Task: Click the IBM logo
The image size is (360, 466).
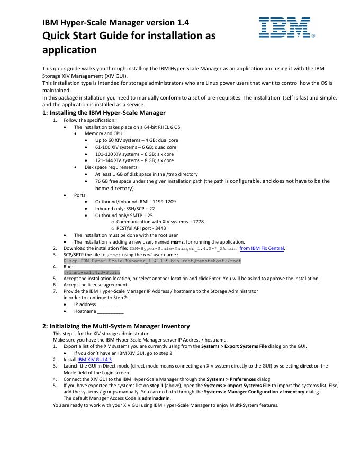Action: click(x=284, y=28)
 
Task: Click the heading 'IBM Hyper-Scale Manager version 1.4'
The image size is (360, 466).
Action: click(x=116, y=22)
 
